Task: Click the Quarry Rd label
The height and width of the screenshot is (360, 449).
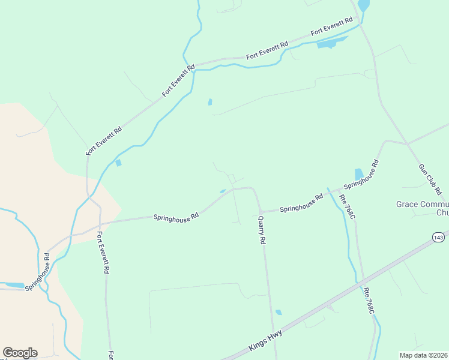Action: pyautogui.click(x=262, y=230)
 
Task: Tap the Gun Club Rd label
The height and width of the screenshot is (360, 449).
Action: pyautogui.click(x=430, y=179)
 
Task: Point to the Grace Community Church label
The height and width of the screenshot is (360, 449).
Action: pyautogui.click(x=423, y=208)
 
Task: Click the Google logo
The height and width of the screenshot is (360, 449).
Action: pyautogui.click(x=20, y=353)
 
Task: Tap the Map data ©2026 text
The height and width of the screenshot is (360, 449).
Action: pyautogui.click(x=423, y=355)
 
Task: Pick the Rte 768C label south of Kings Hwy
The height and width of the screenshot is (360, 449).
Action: pyautogui.click(x=369, y=301)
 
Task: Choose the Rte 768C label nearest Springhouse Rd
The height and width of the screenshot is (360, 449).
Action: pyautogui.click(x=347, y=206)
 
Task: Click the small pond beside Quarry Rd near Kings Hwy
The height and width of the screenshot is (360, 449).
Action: pyautogui.click(x=279, y=312)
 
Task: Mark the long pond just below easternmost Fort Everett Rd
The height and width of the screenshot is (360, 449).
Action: pyautogui.click(x=332, y=43)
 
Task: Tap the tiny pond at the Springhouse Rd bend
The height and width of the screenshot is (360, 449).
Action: pyautogui.click(x=223, y=191)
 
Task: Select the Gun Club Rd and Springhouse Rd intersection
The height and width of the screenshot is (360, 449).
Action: pyautogui.click(x=408, y=144)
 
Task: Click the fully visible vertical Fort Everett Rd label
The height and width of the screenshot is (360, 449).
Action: pyautogui.click(x=103, y=253)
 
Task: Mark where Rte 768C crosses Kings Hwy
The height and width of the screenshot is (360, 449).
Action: pyautogui.click(x=363, y=281)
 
